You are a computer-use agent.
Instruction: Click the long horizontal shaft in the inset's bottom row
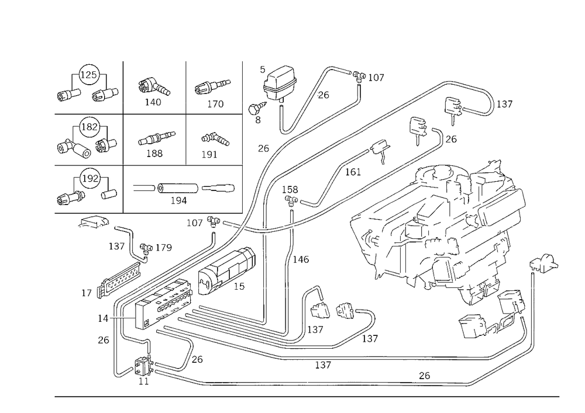click(193, 188)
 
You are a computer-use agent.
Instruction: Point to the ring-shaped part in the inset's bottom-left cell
click(89, 175)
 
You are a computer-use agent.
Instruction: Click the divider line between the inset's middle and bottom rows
click(146, 164)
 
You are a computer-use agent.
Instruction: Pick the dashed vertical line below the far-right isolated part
click(532, 310)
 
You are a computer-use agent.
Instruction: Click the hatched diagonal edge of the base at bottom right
click(503, 365)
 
